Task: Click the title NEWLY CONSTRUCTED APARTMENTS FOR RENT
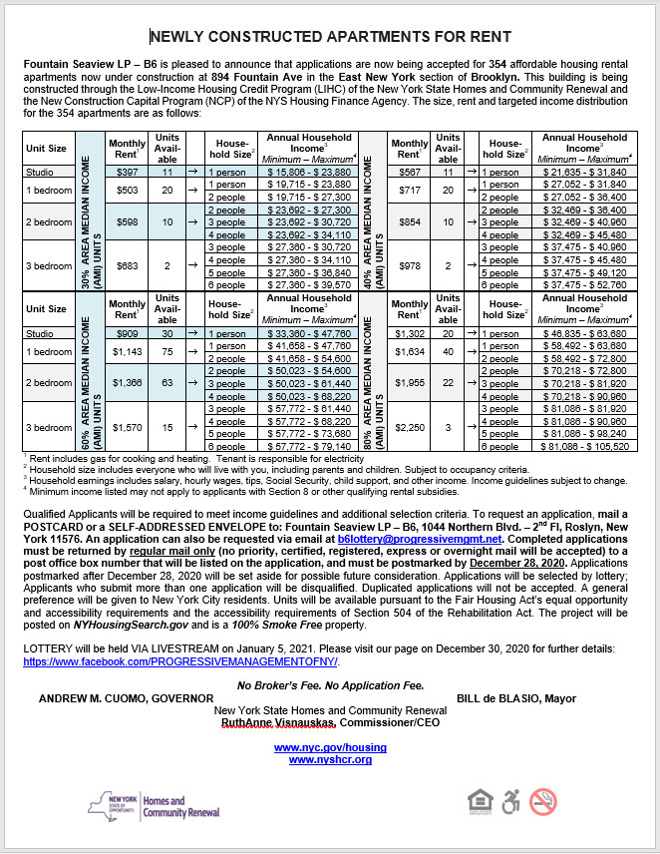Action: tap(329, 38)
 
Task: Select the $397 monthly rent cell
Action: tap(127, 172)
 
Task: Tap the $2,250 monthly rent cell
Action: tap(407, 427)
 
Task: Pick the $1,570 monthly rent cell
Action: tap(127, 427)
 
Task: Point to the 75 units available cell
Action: tap(168, 351)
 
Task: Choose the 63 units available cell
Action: tap(168, 382)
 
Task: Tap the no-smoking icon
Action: tap(542, 801)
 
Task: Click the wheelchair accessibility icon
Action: tap(510, 801)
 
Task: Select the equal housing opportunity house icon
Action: tap(480, 801)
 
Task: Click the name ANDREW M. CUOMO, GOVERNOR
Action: tap(126, 698)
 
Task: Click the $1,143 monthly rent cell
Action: tap(127, 351)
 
